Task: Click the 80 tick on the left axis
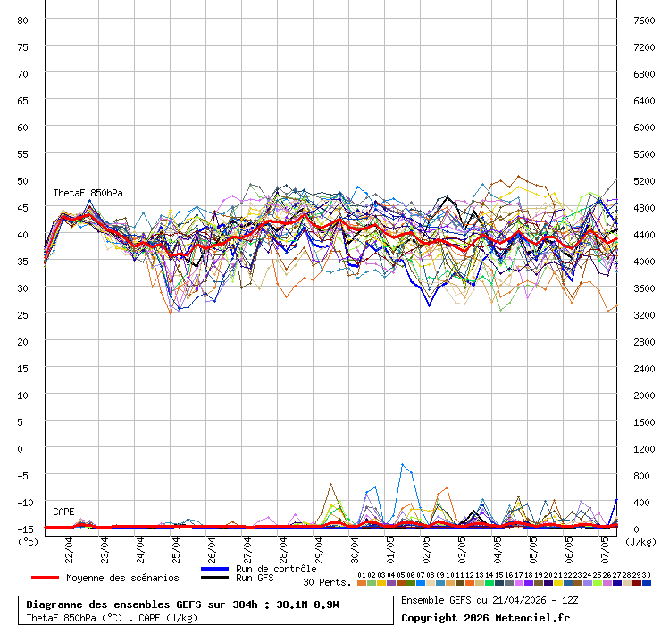[x=23, y=20]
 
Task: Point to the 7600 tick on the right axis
[x=644, y=20]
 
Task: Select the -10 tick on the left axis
[x=21, y=502]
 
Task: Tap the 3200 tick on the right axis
[x=644, y=314]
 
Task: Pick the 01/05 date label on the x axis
[x=391, y=544]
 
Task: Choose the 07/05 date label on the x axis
[x=606, y=544]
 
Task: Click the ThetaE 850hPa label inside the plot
[x=88, y=193]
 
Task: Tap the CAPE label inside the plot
[x=63, y=512]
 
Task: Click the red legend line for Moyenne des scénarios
[x=45, y=578]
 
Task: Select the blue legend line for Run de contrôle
[x=214, y=569]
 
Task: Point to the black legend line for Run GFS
[x=214, y=578]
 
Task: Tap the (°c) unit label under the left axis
[x=28, y=541]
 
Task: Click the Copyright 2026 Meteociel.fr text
[x=485, y=617]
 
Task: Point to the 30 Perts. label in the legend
[x=327, y=582]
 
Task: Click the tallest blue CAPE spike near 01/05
[x=403, y=465]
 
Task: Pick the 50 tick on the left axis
[x=23, y=180]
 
